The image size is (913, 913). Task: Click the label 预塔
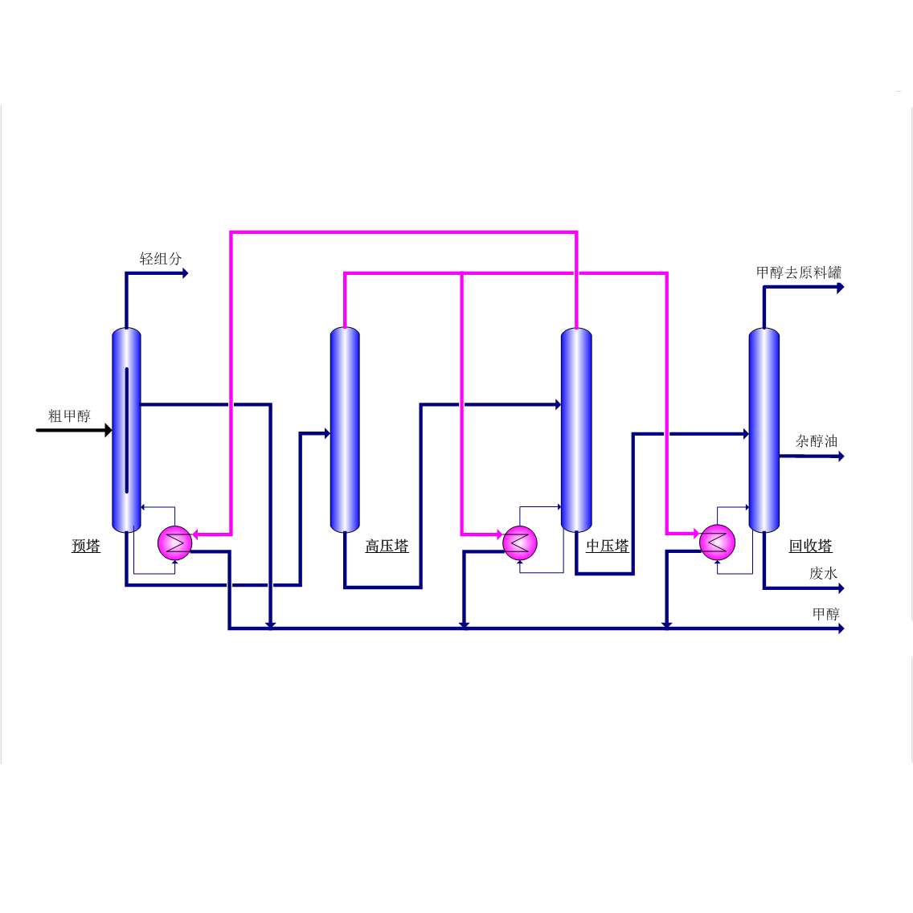pyautogui.click(x=86, y=546)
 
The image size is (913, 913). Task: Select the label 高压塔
pyautogui.click(x=387, y=546)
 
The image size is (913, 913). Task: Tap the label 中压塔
pyautogui.click(x=607, y=546)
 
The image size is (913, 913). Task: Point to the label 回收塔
pyautogui.click(x=810, y=546)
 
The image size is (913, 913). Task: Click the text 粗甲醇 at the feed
pyautogui.click(x=69, y=416)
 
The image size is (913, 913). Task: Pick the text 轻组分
pyautogui.click(x=161, y=259)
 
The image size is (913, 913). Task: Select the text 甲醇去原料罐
pyautogui.click(x=798, y=272)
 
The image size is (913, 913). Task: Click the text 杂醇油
pyautogui.click(x=816, y=440)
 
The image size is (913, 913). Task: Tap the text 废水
pyautogui.click(x=823, y=573)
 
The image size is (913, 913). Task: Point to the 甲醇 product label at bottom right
pyautogui.click(x=825, y=614)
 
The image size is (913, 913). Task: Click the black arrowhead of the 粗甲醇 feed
pyautogui.click(x=108, y=431)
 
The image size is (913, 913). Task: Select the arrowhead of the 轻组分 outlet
pyautogui.click(x=185, y=273)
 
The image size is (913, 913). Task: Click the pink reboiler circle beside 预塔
pyautogui.click(x=174, y=542)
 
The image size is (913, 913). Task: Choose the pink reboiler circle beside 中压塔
pyautogui.click(x=520, y=543)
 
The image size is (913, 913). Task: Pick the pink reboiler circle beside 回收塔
pyautogui.click(x=717, y=542)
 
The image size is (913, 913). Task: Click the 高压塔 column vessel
pyautogui.click(x=345, y=430)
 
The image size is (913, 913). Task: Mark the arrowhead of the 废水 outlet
pyautogui.click(x=841, y=588)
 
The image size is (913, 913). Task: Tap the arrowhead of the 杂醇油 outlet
pyautogui.click(x=841, y=456)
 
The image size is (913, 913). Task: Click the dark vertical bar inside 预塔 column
pyautogui.click(x=127, y=430)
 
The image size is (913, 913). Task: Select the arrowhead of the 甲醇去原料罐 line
pyautogui.click(x=841, y=288)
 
